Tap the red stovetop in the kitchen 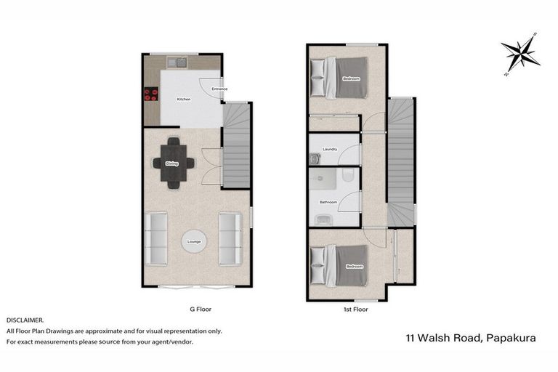click(151, 93)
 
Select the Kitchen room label click(184, 99)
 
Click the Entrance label click(219, 89)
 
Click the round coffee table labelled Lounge click(194, 241)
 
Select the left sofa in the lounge click(156, 238)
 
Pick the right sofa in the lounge click(230, 238)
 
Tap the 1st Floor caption click(355, 309)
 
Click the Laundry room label click(330, 150)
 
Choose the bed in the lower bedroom click(340, 265)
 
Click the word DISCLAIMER click(25, 320)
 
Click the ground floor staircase click(236, 145)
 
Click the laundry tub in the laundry click(315, 158)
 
